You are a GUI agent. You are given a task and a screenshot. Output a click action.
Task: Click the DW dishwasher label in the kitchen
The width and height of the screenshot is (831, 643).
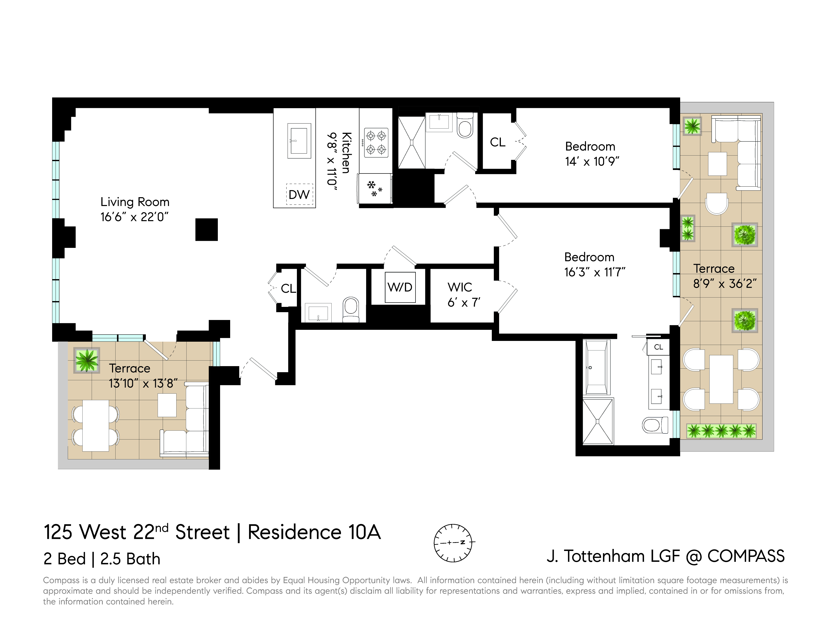pos(299,195)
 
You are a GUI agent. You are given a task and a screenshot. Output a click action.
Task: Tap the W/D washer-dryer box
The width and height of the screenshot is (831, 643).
pos(400,287)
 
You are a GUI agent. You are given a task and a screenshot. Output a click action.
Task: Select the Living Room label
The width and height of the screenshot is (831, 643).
pos(135,202)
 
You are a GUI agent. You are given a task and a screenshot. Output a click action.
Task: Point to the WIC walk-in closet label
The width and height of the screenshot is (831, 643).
pos(460,287)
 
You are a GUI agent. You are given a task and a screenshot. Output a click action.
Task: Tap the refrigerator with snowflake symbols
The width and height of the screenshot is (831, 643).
pos(375,189)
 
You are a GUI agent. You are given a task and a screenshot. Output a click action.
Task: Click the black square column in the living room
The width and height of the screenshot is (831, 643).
pos(206,230)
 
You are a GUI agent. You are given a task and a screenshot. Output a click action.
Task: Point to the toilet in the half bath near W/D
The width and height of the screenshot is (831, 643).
pos(351,309)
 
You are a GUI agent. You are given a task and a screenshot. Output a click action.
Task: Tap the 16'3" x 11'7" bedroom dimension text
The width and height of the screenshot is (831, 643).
pos(594,272)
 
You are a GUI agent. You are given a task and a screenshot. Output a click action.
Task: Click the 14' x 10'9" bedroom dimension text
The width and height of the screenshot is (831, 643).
pos(592,162)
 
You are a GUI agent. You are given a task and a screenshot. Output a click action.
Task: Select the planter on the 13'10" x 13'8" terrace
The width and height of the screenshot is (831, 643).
pos(87,360)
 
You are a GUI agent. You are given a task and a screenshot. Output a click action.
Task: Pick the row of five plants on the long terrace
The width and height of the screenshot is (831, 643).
pos(721,431)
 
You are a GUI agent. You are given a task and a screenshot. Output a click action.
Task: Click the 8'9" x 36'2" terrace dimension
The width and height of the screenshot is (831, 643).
pos(725,284)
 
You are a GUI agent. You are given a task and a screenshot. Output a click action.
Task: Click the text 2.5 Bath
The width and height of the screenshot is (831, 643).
pos(130,559)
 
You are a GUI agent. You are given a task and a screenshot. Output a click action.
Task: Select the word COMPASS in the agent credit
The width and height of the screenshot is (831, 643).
pos(746,556)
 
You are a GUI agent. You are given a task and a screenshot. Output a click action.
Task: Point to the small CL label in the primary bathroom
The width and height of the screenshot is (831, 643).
pos(658,347)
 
